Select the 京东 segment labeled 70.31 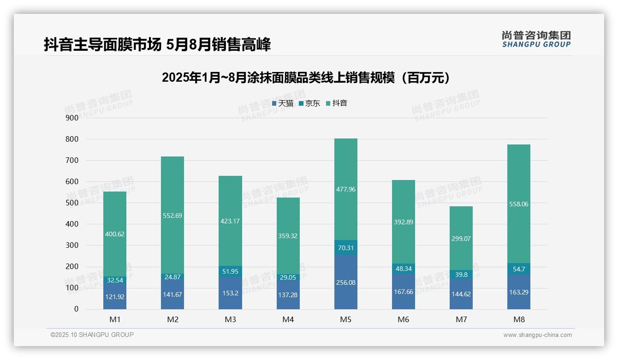point(345,247)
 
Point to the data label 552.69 point(172,216)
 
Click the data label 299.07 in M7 point(461,239)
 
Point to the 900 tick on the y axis point(72,118)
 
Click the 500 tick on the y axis point(72,203)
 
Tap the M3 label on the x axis point(230,319)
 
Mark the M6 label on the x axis point(403,319)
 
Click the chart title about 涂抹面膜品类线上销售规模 point(306,78)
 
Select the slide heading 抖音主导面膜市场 point(157,44)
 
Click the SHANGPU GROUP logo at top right point(536,39)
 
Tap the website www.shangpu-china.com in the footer point(537,335)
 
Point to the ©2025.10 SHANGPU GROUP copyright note point(92,335)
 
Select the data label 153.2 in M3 point(230,294)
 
